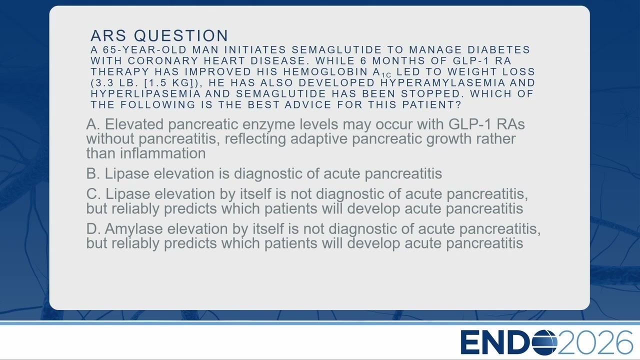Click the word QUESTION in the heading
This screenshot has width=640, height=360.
coord(181,35)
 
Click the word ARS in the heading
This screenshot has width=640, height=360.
coord(108,35)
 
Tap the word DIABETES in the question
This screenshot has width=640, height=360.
coord(498,49)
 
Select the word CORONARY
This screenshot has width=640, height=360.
coord(163,61)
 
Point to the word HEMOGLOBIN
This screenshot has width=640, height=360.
coord(325,71)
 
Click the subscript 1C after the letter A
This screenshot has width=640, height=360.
coord(386,75)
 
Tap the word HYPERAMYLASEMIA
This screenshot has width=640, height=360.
coord(443,83)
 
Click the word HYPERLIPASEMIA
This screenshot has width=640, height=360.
coord(145,93)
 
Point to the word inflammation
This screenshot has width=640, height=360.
coord(162,153)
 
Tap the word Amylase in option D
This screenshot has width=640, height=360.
coord(133,229)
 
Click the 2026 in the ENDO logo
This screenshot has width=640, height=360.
coord(595,342)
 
